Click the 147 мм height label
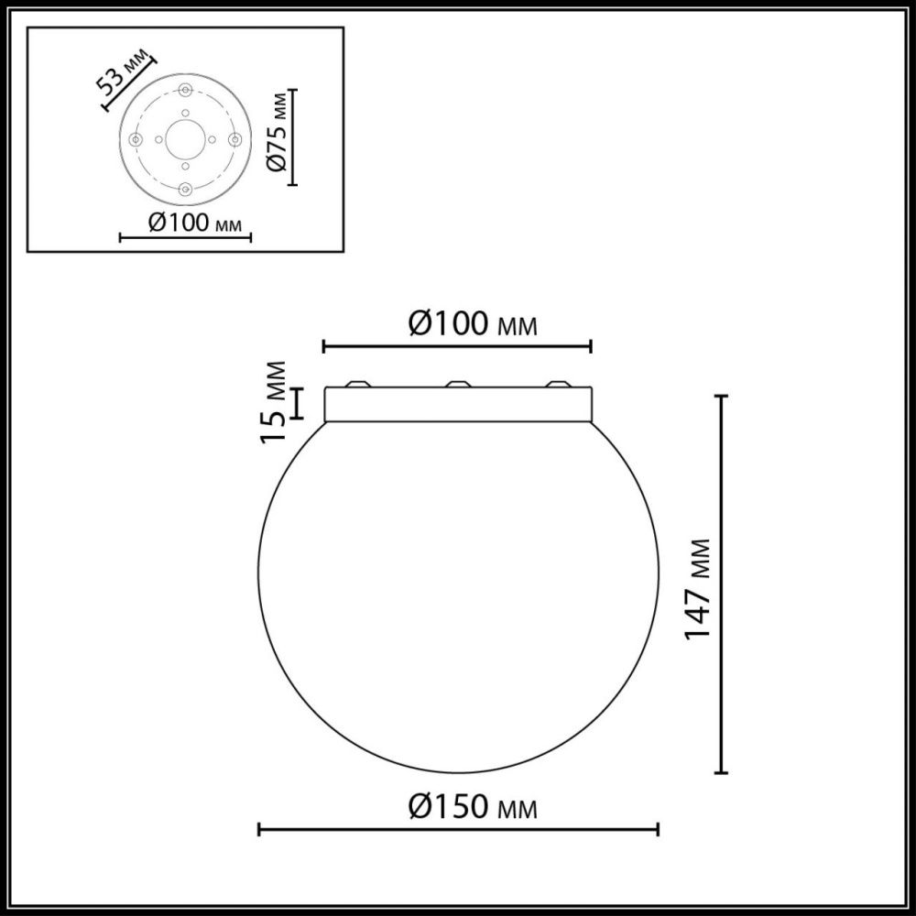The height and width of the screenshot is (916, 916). coord(699,587)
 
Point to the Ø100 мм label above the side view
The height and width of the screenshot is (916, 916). coord(470,324)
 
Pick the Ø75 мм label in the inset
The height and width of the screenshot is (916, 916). coord(279,136)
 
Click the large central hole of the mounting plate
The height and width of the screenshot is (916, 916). coord(185,139)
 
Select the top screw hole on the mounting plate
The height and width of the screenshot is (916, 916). coord(185,90)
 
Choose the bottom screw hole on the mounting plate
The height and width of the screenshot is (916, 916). coord(185,189)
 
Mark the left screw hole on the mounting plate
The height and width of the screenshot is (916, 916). coord(136,139)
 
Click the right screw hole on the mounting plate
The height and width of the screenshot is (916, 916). coord(234,139)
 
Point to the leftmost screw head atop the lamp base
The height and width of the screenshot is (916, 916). coord(358,384)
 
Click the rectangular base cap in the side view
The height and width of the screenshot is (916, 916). coord(458,405)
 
